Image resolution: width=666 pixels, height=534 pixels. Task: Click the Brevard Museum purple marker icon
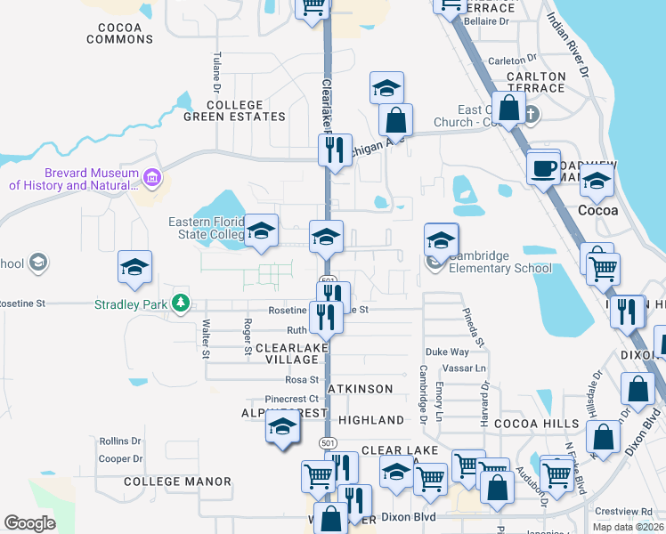(152, 179)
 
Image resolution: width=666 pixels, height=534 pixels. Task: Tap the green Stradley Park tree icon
(182, 303)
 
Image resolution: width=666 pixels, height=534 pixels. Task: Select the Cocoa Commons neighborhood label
(120, 33)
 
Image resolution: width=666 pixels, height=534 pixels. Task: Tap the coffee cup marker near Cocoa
(543, 166)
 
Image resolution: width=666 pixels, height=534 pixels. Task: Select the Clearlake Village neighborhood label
(288, 353)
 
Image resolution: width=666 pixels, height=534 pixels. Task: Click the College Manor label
(177, 481)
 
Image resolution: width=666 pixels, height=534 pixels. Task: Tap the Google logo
(30, 523)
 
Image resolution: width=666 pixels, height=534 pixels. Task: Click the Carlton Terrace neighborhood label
(535, 83)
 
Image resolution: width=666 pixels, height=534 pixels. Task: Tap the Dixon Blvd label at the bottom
(408, 515)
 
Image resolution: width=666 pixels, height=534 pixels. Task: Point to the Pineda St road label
(472, 328)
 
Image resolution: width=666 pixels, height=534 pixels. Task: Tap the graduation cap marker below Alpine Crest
(283, 428)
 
